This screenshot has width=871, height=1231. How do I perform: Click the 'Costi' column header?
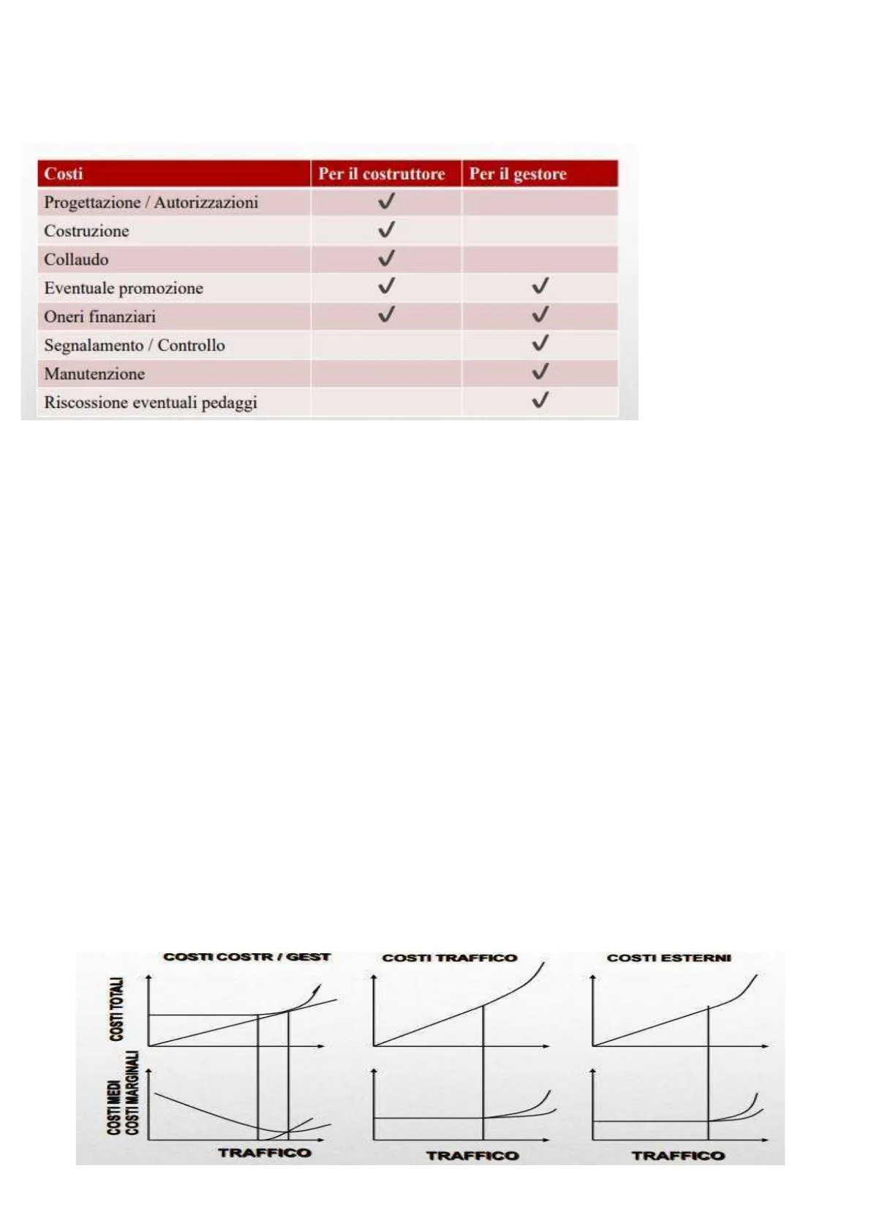coord(64,174)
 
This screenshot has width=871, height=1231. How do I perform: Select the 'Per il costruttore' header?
coord(381,174)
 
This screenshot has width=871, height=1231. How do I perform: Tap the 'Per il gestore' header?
coord(518,174)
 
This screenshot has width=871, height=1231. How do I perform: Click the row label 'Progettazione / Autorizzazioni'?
coord(151,202)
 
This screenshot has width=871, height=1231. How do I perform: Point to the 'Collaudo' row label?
coord(76,260)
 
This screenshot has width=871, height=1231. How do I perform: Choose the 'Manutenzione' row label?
coord(94,374)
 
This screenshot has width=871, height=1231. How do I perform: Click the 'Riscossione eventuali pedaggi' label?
coord(151,402)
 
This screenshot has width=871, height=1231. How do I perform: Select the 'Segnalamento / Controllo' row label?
coord(135,345)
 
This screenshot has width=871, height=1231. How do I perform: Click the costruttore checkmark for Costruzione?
coord(386,230)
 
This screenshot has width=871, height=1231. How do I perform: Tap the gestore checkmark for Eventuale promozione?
coord(540,286)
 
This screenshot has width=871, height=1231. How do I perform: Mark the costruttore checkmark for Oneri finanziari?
coord(386,315)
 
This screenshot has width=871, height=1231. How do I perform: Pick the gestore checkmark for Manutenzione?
coord(540,372)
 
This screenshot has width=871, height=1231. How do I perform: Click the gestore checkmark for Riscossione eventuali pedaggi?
coord(540,401)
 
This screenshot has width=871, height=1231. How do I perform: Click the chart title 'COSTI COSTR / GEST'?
coord(246,957)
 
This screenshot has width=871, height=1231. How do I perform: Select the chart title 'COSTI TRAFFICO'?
coord(449,958)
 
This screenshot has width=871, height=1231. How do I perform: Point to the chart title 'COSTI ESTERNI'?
coord(668,958)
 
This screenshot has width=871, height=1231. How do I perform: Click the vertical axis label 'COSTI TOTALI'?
coord(116,1009)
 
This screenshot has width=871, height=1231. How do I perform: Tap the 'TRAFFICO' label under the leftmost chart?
coord(264,1153)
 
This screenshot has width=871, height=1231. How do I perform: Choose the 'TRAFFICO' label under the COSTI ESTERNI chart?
coord(677,1156)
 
